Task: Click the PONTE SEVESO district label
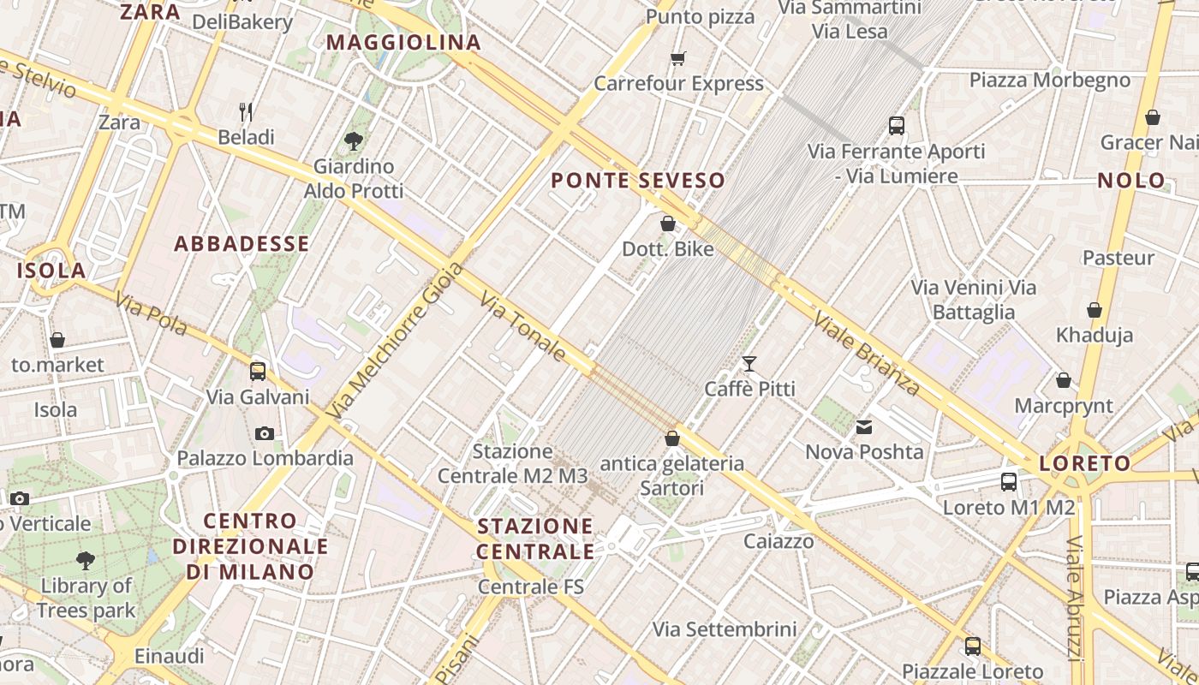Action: pyautogui.click(x=638, y=181)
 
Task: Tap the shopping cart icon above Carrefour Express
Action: pyautogui.click(x=678, y=58)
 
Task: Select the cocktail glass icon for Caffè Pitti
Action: pyautogui.click(x=749, y=364)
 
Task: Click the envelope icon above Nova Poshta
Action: pyautogui.click(x=864, y=426)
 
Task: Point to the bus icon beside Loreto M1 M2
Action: pyautogui.click(x=1009, y=481)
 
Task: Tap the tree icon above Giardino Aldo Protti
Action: pyautogui.click(x=353, y=141)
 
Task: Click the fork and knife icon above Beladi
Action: pyautogui.click(x=246, y=112)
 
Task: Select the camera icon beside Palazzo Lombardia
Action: pyautogui.click(x=265, y=433)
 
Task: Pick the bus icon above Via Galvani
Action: pyautogui.click(x=258, y=372)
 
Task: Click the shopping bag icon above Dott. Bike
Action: pyautogui.click(x=668, y=223)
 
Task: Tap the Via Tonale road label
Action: pyautogui.click(x=523, y=326)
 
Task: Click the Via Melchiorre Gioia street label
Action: pyautogui.click(x=396, y=340)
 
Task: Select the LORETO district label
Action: pyautogui.click(x=1085, y=463)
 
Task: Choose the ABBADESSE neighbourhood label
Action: pyautogui.click(x=242, y=244)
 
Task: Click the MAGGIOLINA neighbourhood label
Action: pyautogui.click(x=403, y=42)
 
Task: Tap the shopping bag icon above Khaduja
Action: pyautogui.click(x=1095, y=310)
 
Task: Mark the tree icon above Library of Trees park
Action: pyautogui.click(x=86, y=561)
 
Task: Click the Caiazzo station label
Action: pyautogui.click(x=778, y=541)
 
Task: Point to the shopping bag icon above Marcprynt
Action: pyautogui.click(x=1064, y=380)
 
